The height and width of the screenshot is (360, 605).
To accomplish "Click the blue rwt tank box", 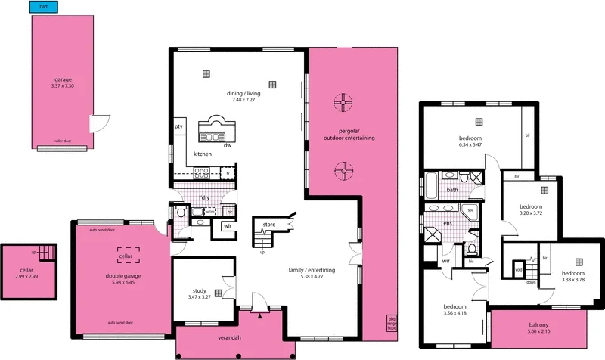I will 43,7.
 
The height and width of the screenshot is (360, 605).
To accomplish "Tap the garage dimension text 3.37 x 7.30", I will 62,86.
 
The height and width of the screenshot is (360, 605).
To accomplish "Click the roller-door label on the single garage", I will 62,141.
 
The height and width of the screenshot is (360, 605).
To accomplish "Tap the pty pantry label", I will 179,126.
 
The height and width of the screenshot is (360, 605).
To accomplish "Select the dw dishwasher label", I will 227,145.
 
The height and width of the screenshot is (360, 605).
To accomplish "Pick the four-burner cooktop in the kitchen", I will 202,172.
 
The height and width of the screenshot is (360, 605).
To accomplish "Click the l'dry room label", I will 203,198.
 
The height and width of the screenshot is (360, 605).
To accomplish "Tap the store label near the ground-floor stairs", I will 268,225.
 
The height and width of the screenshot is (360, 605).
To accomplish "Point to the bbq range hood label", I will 391,324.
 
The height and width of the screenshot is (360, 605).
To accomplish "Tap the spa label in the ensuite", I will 470,209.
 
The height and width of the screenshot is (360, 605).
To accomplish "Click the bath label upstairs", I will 452,190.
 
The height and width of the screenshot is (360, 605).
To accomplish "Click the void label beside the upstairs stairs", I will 518,269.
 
